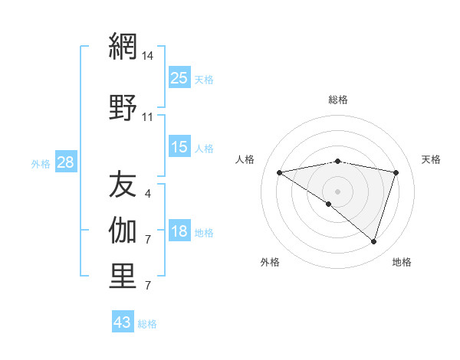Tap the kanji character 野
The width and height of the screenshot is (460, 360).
123,108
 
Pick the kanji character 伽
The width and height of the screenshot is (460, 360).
123,229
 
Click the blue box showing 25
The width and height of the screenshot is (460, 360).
179,78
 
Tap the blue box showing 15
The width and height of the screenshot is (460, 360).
179,147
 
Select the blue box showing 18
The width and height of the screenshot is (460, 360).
179,232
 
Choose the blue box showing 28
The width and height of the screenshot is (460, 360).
65,163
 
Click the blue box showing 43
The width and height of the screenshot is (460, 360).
123,322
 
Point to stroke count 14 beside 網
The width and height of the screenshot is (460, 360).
148,56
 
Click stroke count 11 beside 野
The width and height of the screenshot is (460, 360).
148,117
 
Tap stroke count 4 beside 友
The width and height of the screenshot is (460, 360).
148,194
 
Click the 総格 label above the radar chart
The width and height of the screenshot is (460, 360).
338,100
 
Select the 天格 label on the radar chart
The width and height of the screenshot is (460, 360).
431,159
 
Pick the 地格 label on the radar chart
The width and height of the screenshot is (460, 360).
402,262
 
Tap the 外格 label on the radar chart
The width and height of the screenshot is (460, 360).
270,262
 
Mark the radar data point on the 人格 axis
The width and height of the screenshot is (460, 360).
280,172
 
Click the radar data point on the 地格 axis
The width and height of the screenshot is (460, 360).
373,241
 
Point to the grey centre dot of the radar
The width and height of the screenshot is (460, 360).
337,191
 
